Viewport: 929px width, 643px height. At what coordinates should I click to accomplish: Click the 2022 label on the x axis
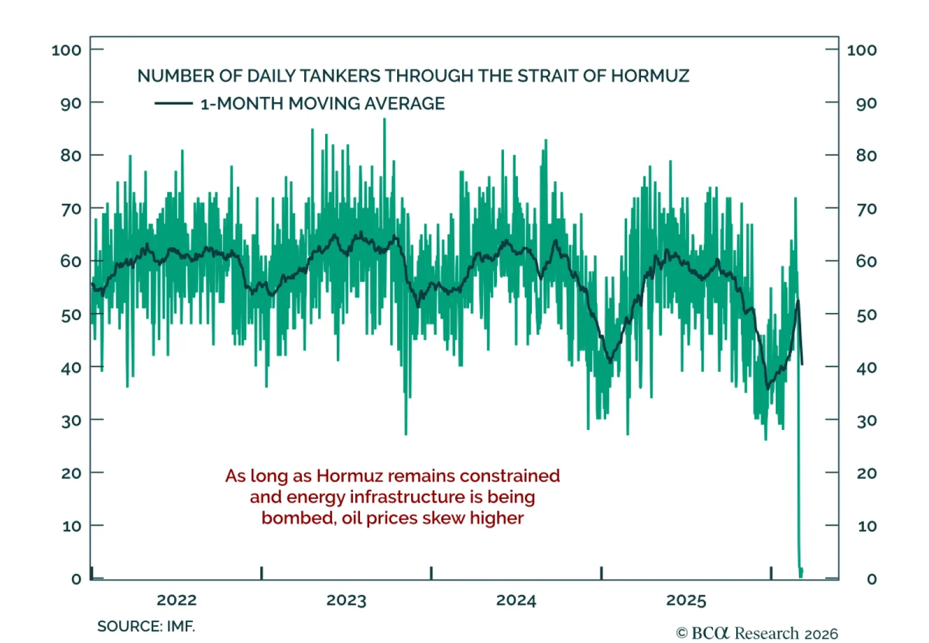click(x=177, y=600)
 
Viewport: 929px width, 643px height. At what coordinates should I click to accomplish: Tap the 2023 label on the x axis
click(x=346, y=600)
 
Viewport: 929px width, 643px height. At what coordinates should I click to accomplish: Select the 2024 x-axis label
click(x=516, y=600)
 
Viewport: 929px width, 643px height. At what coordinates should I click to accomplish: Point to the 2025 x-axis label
click(x=686, y=600)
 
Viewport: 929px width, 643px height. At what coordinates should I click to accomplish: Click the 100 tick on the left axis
click(x=66, y=50)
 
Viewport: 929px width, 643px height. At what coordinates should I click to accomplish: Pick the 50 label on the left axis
click(x=71, y=315)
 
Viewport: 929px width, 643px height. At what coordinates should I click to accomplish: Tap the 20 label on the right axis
click(x=866, y=473)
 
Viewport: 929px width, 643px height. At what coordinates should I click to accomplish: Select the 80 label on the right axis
click(x=866, y=156)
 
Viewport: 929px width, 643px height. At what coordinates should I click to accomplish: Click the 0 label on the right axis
click(x=871, y=579)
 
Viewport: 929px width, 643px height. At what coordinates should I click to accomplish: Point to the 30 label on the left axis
click(x=71, y=421)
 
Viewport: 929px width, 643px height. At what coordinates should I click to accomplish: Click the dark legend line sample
click(x=173, y=103)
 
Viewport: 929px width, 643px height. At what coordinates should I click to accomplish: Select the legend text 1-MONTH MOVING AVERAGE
click(x=322, y=103)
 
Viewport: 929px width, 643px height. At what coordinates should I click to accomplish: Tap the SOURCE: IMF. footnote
click(x=146, y=626)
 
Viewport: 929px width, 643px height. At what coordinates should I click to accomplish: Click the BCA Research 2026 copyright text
click(x=757, y=633)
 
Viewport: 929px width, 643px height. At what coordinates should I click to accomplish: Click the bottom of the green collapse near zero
click(x=801, y=575)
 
